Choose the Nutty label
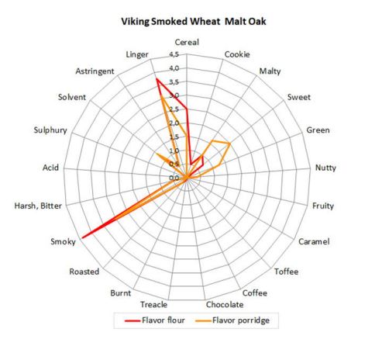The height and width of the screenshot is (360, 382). [x=325, y=167]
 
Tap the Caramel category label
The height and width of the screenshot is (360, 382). [x=314, y=242]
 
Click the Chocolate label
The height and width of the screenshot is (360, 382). [x=225, y=303]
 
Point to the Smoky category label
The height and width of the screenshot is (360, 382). [x=63, y=242]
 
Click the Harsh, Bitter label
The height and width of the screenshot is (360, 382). [x=39, y=205]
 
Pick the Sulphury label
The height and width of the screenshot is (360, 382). [x=52, y=130]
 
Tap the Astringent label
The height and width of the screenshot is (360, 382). [x=96, y=71]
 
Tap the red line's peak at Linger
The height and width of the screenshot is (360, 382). [x=157, y=79]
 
